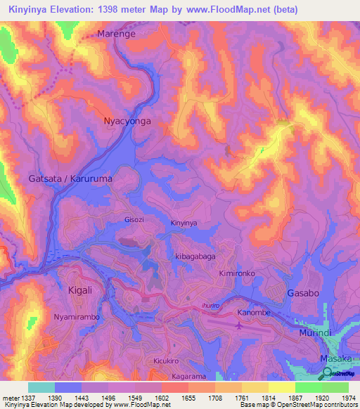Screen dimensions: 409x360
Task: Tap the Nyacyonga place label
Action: coord(127,121)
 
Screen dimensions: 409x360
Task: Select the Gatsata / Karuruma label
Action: coord(70,178)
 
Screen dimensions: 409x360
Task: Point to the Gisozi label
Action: coord(134,219)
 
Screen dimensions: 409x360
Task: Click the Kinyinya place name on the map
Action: coord(185,223)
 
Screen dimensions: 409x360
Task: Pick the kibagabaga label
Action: coord(195,257)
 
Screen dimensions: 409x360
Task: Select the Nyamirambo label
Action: coord(77,317)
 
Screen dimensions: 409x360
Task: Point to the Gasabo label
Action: coord(304,292)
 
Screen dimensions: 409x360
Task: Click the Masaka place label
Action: coord(335,358)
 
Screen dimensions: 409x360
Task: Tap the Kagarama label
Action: coord(174,377)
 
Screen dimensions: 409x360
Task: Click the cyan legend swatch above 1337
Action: coord(41,387)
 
